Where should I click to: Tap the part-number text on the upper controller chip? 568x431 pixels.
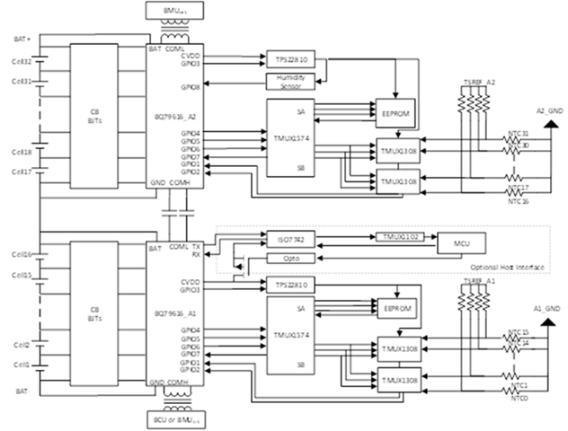point(171,118)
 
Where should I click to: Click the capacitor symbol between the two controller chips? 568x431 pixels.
point(177,213)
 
